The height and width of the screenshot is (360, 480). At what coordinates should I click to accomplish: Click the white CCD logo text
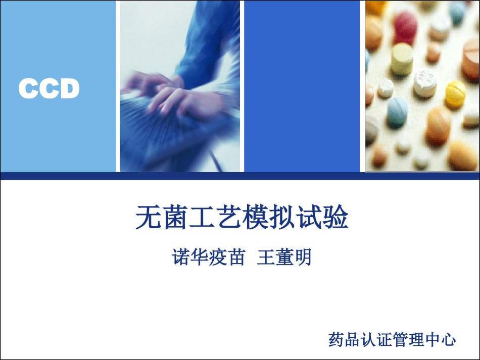point(49,88)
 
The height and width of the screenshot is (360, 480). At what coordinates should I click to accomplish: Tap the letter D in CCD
point(70,88)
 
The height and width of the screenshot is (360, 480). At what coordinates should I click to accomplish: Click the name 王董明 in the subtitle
point(284,257)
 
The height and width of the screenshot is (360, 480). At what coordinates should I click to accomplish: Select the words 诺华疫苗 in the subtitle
point(209,257)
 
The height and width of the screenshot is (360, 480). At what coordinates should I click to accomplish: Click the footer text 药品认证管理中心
point(392,339)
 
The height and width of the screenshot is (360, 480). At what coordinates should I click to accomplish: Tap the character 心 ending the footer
point(448,339)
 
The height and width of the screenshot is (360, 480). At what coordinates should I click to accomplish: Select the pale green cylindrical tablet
point(402,60)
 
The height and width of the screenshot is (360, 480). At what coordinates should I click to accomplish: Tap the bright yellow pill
point(455,93)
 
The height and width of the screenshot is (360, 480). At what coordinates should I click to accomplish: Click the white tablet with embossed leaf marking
point(425,83)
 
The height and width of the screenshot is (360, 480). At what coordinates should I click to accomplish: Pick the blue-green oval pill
point(397,112)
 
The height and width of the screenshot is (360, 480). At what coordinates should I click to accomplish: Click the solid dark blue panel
point(302,86)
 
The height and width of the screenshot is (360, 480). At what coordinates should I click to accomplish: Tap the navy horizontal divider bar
point(240,176)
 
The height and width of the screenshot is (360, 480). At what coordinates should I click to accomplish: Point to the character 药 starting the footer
point(336,339)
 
